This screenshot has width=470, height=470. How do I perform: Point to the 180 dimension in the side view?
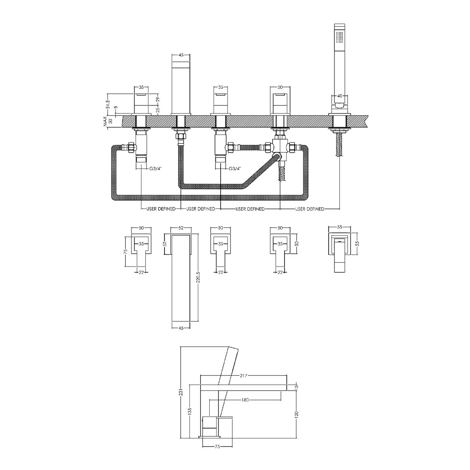[245, 400]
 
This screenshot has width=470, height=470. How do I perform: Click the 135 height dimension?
[189, 411]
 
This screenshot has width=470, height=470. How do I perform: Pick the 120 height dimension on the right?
[296, 414]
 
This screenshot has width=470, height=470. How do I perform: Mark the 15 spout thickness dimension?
[296, 387]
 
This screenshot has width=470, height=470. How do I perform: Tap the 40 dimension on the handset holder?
[340, 96]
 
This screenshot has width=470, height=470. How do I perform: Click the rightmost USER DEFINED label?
[310, 209]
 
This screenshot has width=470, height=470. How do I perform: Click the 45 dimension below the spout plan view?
[181, 328]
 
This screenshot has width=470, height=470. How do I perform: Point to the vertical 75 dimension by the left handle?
[125, 252]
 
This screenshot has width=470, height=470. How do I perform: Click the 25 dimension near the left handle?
[158, 110]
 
